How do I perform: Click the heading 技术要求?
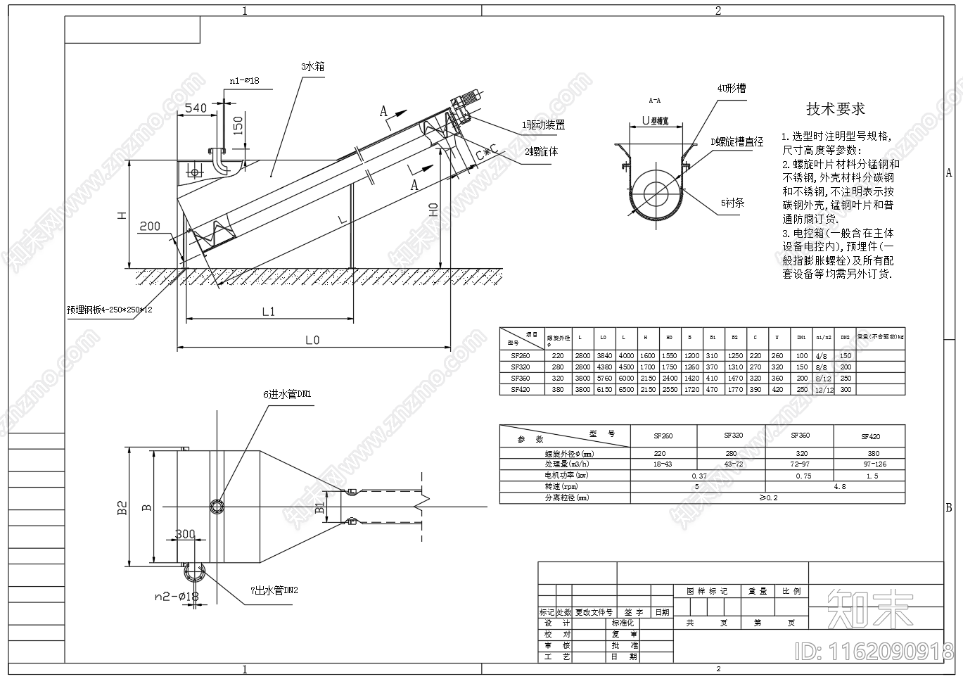tap(835, 109)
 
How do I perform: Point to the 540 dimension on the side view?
tap(196, 108)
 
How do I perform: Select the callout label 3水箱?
tap(312, 66)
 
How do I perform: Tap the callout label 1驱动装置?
tap(542, 125)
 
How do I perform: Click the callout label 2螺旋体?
tap(541, 151)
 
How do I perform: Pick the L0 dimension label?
tap(312, 340)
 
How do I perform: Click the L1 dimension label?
tap(268, 311)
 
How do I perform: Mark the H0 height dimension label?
tap(433, 210)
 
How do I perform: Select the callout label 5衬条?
tap(732, 203)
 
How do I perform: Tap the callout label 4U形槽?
tap(731, 88)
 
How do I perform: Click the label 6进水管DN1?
tap(287, 394)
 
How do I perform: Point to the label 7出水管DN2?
tap(274, 590)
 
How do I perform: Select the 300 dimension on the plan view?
tap(185, 534)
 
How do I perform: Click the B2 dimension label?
tap(122, 508)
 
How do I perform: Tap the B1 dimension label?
tap(320, 507)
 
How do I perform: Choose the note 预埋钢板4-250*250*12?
tap(109, 309)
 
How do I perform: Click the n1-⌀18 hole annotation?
tap(244, 80)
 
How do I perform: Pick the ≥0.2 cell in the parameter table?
tap(767, 497)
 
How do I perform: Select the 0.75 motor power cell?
tap(803, 476)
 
